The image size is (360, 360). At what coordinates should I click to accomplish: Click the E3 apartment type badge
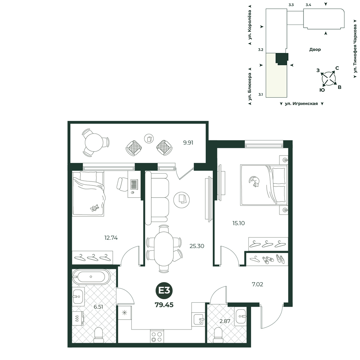pyautogui.click(x=164, y=291)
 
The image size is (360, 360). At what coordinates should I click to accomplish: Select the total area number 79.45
pyautogui.click(x=164, y=305)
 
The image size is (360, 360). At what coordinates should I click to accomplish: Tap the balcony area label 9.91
pyautogui.click(x=188, y=143)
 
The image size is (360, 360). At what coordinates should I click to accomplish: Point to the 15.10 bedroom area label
pyautogui.click(x=239, y=223)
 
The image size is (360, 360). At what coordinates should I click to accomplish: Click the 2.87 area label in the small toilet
pyautogui.click(x=225, y=321)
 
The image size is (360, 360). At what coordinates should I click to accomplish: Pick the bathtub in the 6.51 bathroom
pyautogui.click(x=91, y=276)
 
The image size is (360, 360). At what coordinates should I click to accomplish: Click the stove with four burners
pyautogui.click(x=157, y=337)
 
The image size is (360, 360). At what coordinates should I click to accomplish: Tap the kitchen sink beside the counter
pyautogui.click(x=198, y=319)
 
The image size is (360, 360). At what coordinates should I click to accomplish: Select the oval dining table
pyautogui.click(x=163, y=249)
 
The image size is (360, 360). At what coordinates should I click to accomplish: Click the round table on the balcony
pyautogui.click(x=94, y=142)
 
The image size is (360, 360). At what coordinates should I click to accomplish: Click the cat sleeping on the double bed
pyautogui.click(x=255, y=181)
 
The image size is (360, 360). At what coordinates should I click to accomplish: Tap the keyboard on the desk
pyautogui.click(x=134, y=184)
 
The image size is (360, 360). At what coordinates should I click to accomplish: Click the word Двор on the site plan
pyautogui.click(x=315, y=49)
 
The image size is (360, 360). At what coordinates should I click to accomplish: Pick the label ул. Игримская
pyautogui.click(x=301, y=104)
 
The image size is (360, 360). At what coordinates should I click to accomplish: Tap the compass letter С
pyautogui.click(x=337, y=68)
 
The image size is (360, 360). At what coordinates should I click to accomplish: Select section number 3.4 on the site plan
pyautogui.click(x=309, y=5)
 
